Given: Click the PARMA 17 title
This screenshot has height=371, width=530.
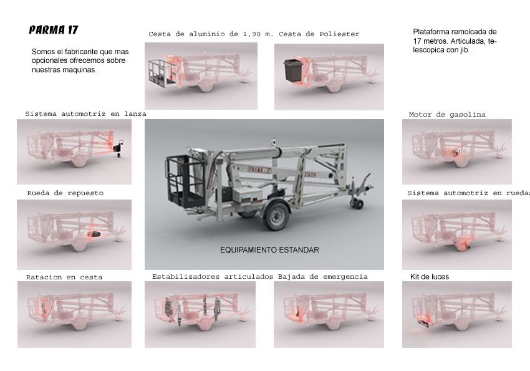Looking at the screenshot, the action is pyautogui.click(x=54, y=30).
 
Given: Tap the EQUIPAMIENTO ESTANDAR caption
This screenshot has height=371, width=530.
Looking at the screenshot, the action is pyautogui.click(x=269, y=250).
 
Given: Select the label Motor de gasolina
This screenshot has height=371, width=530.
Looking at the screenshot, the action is pyautogui.click(x=447, y=115).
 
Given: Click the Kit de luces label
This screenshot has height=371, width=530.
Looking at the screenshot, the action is pyautogui.click(x=430, y=277).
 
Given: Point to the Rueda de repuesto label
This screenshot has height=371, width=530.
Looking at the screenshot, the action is pyautogui.click(x=65, y=193).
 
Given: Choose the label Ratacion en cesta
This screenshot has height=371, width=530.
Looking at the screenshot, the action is pyautogui.click(x=64, y=277).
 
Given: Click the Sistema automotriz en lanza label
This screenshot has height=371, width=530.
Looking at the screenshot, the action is pyautogui.click(x=86, y=114).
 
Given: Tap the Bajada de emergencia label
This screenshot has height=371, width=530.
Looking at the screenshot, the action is pyautogui.click(x=323, y=277).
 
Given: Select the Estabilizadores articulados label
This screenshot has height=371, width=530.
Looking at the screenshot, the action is pyautogui.click(x=213, y=277).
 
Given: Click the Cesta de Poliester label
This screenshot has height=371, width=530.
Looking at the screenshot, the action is pyautogui.click(x=319, y=34).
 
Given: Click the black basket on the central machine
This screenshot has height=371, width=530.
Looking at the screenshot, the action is pyautogui.click(x=186, y=180).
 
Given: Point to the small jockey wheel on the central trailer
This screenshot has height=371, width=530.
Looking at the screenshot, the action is pyautogui.click(x=359, y=204).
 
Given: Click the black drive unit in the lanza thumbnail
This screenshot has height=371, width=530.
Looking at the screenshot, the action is pyautogui.click(x=118, y=148).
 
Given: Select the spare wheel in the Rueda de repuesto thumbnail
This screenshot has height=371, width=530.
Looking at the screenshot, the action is pyautogui.click(x=94, y=234).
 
